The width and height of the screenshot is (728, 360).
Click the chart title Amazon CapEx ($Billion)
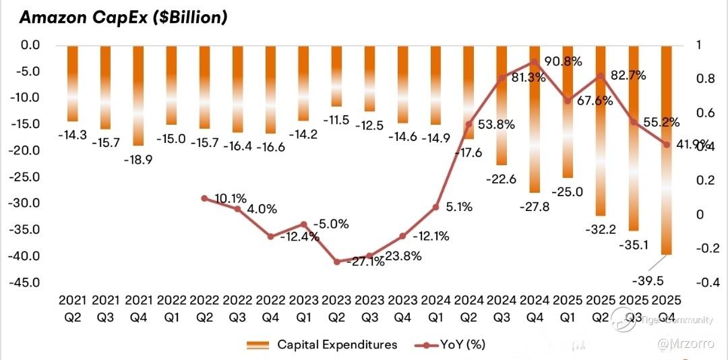123,18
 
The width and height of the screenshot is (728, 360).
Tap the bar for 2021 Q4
138,94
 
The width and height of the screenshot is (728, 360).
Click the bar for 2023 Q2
336,76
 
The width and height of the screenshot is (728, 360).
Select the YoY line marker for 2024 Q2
468,124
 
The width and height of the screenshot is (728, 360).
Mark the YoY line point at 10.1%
204,198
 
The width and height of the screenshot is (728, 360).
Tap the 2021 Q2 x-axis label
73,307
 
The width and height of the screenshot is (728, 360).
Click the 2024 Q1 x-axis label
435,307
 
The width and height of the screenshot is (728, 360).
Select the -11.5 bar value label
336,120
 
